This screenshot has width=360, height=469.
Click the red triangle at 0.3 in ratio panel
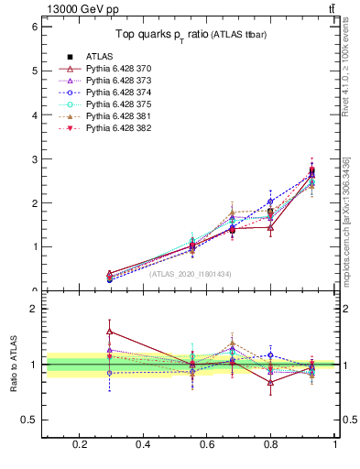point(110,332)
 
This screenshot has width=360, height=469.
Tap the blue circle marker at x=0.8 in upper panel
point(270,202)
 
